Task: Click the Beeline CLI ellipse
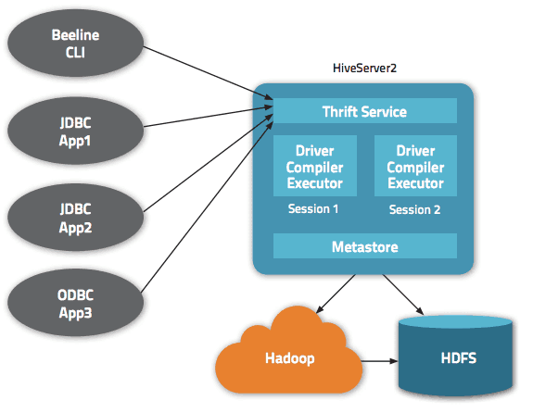75,43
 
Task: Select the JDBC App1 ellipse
75,131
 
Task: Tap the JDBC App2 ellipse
75,219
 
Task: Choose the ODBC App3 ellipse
75,307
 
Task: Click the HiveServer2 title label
365,69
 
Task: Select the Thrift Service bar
364,111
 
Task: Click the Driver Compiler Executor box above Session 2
415,167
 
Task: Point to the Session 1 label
314,209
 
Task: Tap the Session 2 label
415,210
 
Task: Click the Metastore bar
364,246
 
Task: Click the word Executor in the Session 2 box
415,182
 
